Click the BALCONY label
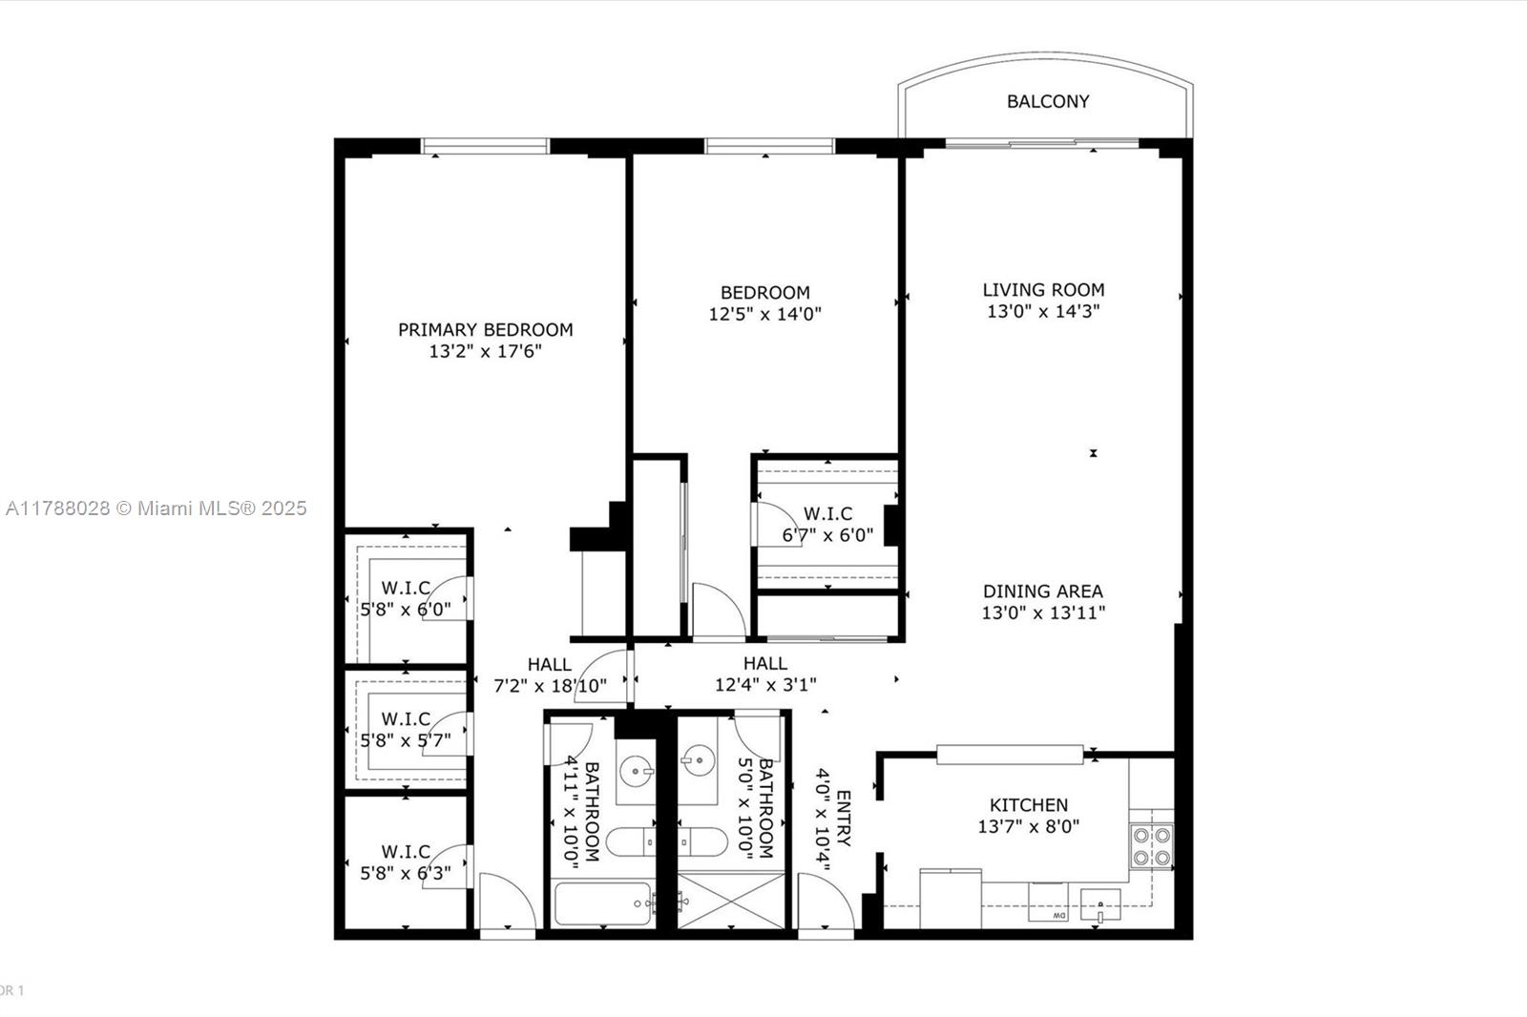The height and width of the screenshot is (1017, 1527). (1047, 101)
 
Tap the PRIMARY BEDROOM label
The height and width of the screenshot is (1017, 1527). (485, 330)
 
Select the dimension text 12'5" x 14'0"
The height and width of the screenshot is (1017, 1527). (764, 314)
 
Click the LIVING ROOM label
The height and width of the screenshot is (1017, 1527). (1043, 290)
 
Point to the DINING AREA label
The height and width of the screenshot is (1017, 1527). (1042, 592)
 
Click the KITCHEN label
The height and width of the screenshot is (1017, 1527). (1028, 805)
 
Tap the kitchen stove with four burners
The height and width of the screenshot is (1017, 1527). (1151, 845)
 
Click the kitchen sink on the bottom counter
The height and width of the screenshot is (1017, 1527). (1100, 903)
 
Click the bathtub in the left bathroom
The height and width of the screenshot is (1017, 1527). (602, 903)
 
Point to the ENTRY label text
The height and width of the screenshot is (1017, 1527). (843, 819)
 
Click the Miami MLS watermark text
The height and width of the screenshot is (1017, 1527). (156, 508)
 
